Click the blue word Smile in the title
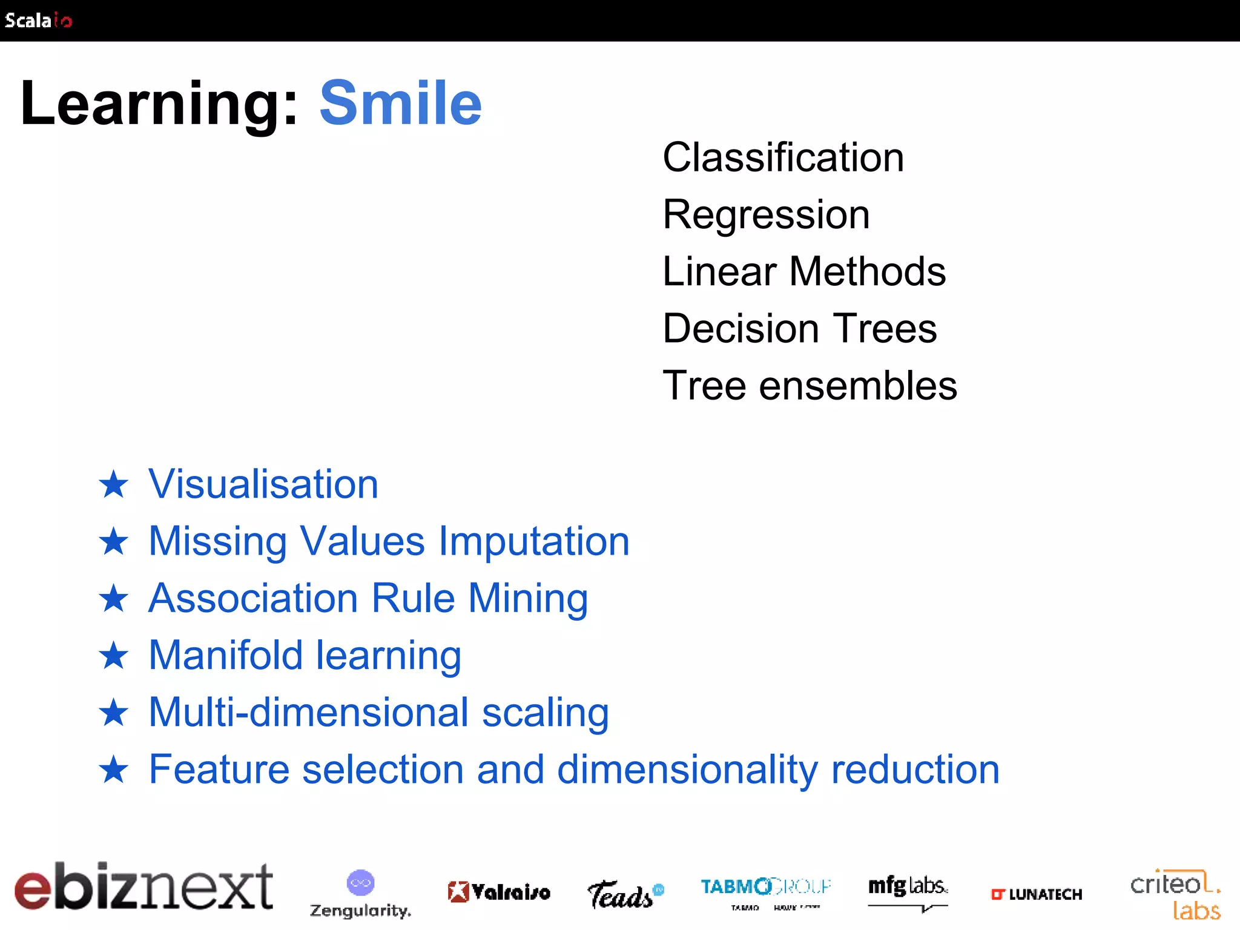[x=400, y=104]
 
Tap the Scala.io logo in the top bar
[x=38, y=21]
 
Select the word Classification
[x=783, y=157]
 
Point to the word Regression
[x=766, y=214]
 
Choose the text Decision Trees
[x=800, y=328]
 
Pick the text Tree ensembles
[x=810, y=385]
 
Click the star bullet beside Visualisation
[x=114, y=485]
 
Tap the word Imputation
[x=534, y=541]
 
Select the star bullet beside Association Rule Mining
[x=114, y=599]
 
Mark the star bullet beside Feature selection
[x=114, y=770]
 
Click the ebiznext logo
[x=143, y=886]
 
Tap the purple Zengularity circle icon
[x=360, y=883]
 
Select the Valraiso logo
[x=499, y=892]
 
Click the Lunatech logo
[x=1036, y=894]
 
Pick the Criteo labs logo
[x=1175, y=895]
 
